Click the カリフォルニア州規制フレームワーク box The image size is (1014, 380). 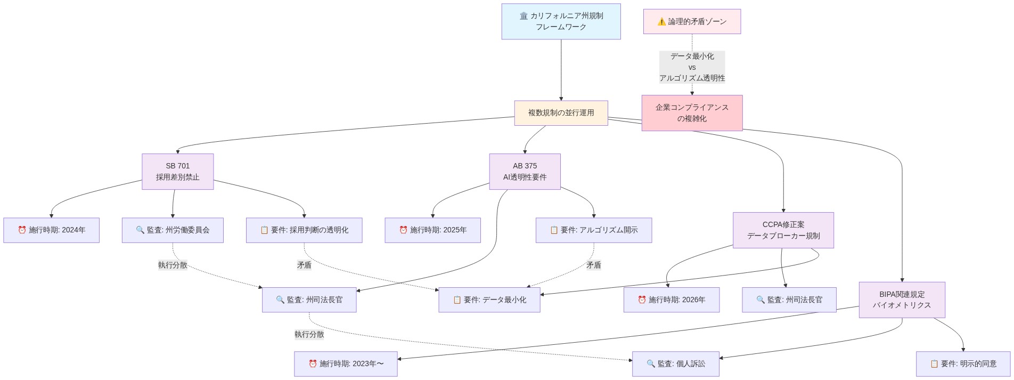pos(561,21)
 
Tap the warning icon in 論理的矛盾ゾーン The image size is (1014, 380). pos(661,22)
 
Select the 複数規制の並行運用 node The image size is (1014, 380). pos(561,113)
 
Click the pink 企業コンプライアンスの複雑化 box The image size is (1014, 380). pos(692,113)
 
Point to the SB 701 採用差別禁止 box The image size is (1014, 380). pos(177,172)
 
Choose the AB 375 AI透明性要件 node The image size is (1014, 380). pos(525,172)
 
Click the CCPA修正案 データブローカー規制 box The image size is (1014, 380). pos(783,230)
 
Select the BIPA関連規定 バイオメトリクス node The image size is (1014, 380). pos(902,300)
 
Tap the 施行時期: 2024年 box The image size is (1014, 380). pos(51,230)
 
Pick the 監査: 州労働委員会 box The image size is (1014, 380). pos(173,230)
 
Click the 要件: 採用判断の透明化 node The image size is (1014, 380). pos(304,230)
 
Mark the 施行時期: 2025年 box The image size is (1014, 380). pos(432,230)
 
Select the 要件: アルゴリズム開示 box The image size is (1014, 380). pos(593,230)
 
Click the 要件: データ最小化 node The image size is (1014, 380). pos(489,300)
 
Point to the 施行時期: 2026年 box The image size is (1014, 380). pos(671,300)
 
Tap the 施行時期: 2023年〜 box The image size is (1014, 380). pos(346,364)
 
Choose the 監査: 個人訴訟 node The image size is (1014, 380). pos(675,364)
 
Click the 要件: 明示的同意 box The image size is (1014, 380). pos(963,364)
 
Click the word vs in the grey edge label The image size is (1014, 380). pos(692,67)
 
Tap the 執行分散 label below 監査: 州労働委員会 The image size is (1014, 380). pos(173,265)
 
